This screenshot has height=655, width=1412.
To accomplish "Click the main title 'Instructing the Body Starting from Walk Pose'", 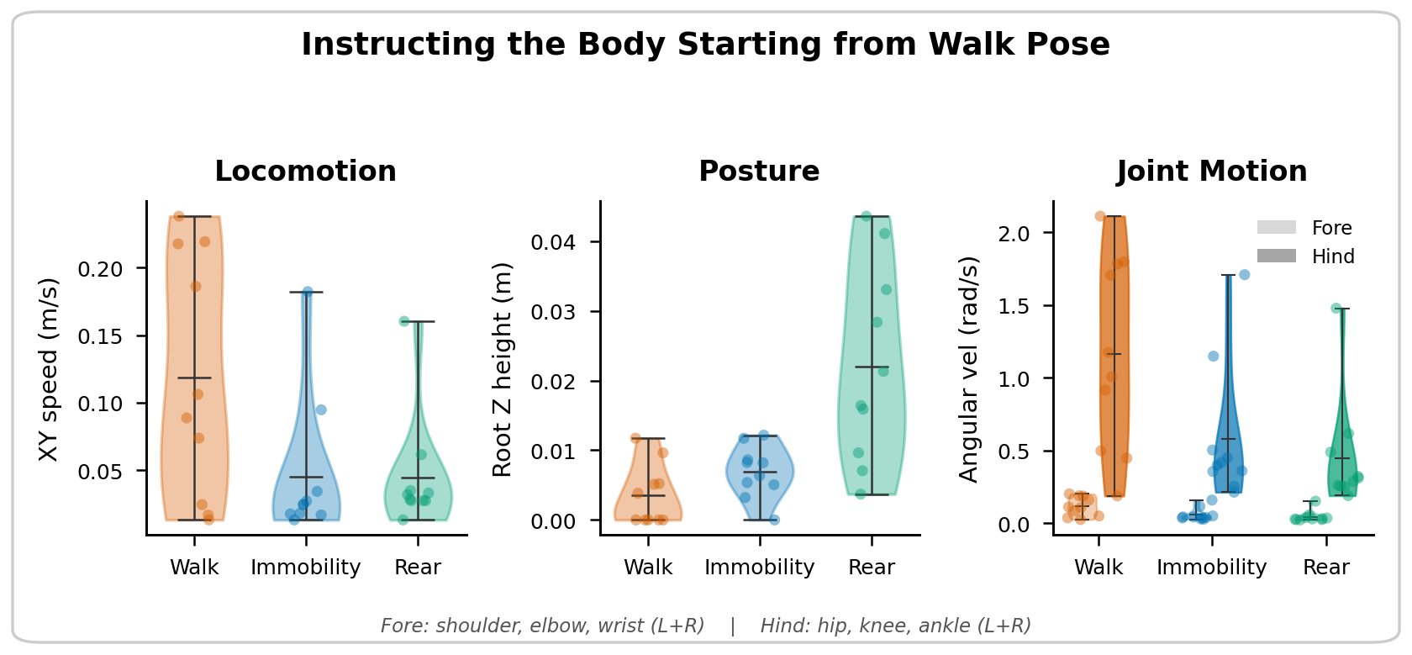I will (705, 45).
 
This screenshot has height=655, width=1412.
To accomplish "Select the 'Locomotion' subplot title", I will (305, 172).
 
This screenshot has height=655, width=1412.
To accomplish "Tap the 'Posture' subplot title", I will (759, 172).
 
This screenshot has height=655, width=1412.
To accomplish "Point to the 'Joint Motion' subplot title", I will (1211, 172).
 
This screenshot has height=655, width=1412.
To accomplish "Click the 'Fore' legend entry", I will (1331, 228).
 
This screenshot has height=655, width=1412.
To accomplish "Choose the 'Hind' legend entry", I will (1332, 256).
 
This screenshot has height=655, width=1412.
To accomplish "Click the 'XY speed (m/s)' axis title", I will (49, 369).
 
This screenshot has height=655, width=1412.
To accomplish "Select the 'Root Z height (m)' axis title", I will (502, 369).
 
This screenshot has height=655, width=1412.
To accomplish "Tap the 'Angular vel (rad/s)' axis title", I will (969, 369).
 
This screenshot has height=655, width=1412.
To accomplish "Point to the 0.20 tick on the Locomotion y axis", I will (100, 269).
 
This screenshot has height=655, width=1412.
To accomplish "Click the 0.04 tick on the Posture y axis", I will (555, 242).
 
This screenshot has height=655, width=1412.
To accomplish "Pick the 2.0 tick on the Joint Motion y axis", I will (1014, 233).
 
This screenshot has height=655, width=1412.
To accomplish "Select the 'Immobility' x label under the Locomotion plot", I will (305, 568).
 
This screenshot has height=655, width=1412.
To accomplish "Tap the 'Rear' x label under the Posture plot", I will (872, 568).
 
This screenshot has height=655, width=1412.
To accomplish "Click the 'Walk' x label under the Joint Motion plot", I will (1099, 568).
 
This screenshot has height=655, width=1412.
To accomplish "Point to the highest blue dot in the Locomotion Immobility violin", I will (308, 292).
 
